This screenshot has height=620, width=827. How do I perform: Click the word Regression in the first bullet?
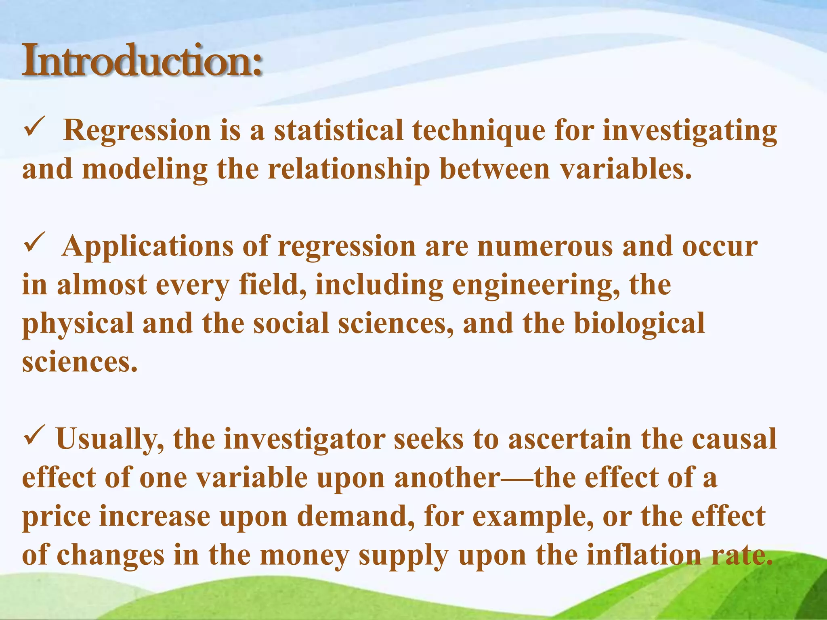click(x=137, y=131)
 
